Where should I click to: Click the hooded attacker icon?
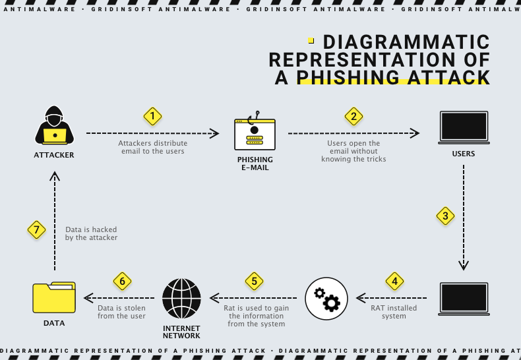click(54, 125)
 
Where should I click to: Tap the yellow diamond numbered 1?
click(152, 117)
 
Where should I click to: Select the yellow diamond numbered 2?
click(354, 117)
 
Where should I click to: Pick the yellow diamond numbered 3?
click(446, 216)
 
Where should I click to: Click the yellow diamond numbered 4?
click(394, 281)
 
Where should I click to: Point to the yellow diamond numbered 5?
click(254, 281)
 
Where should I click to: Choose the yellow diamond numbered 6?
click(122, 281)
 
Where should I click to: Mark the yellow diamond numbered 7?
click(37, 230)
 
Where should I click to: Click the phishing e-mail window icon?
click(255, 134)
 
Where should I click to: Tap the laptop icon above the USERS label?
click(464, 127)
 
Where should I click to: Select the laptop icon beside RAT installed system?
click(464, 299)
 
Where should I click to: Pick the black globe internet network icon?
click(181, 299)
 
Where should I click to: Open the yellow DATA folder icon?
click(54, 297)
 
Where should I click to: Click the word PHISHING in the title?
click(348, 78)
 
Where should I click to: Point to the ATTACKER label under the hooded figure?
click(54, 156)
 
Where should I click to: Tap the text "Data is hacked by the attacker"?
click(91, 233)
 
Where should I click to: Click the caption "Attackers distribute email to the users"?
click(152, 147)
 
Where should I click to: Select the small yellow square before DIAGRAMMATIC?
click(311, 40)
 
